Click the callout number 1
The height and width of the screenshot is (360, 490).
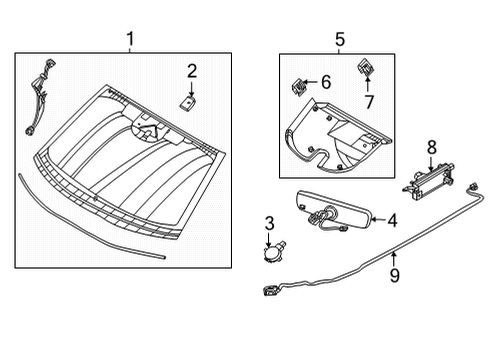[x=129, y=39]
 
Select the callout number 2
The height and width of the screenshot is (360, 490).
[x=192, y=70]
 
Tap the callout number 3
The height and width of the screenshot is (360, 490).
[x=269, y=222]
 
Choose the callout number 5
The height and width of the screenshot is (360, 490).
[x=339, y=39]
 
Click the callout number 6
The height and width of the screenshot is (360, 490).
[x=326, y=81]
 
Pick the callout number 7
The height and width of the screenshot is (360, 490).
[x=367, y=102]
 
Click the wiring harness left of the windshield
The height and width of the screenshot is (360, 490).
[x=38, y=95]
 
